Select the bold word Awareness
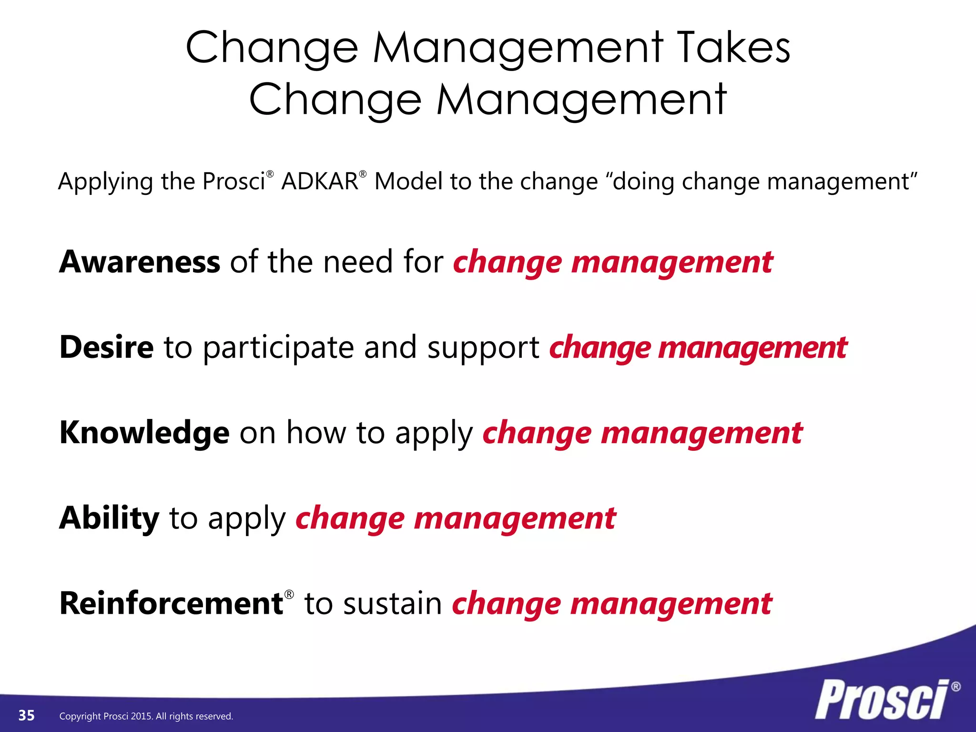pos(140,262)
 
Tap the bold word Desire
pos(106,347)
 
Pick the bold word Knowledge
pos(144,433)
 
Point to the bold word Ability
pos(109,518)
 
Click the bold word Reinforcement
pos(172,603)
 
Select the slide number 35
pos(27,715)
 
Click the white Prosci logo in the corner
pos(882,700)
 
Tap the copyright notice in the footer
pos(146,716)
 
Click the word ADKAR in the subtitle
pos(320,182)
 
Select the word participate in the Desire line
pos(278,348)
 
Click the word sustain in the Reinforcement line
pos(393,604)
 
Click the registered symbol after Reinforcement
pos(289,594)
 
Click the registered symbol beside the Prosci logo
pos(956,687)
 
